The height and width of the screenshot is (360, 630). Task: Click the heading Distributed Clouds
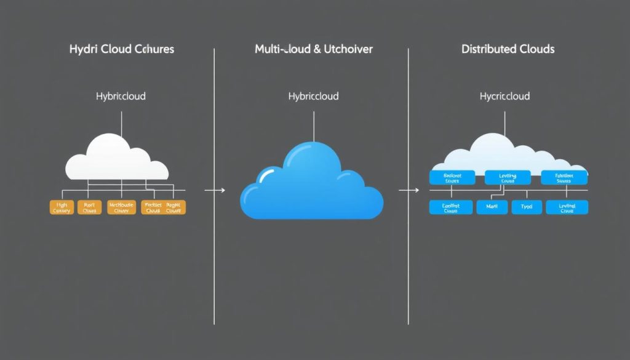(508, 49)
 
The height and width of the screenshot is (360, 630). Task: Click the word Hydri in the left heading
(84, 49)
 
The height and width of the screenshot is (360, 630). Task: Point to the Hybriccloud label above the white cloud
(121, 97)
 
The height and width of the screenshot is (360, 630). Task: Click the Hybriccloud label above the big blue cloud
(313, 97)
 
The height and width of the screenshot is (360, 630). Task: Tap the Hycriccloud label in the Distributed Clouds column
(504, 97)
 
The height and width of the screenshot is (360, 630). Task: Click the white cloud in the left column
(117, 159)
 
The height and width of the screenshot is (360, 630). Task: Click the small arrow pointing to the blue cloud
(215, 191)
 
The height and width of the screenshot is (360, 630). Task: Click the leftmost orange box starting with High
(62, 207)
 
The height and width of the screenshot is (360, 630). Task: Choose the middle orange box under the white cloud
(121, 207)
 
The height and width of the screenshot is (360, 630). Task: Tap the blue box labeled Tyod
(527, 207)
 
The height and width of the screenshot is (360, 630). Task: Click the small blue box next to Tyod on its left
(492, 207)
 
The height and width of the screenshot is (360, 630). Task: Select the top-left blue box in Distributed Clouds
(452, 178)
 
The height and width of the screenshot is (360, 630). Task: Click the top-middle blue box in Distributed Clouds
(508, 178)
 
